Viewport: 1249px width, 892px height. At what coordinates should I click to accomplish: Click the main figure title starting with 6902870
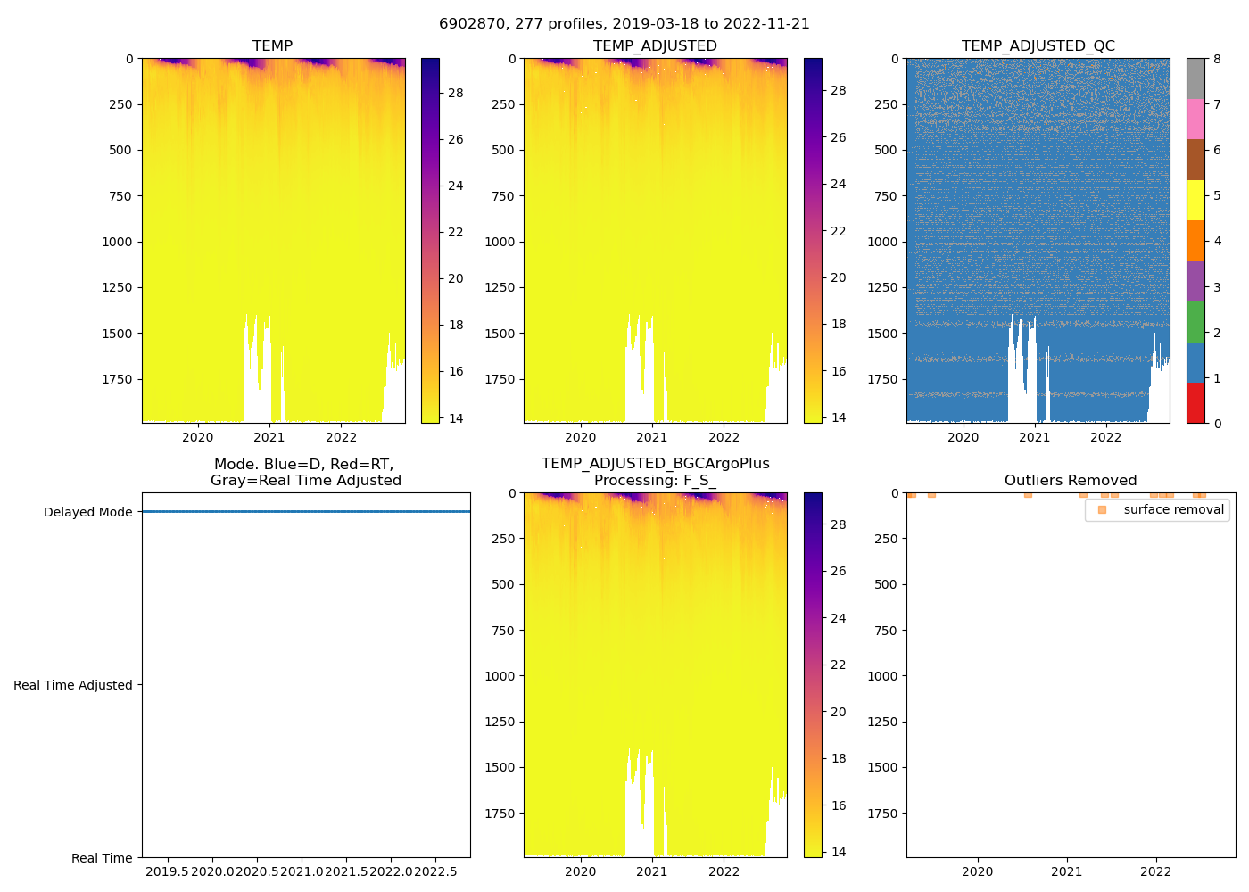coord(624,24)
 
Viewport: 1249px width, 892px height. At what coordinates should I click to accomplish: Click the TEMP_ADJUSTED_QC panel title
coord(1038,45)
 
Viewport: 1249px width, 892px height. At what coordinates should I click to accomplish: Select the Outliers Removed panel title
coord(1070,480)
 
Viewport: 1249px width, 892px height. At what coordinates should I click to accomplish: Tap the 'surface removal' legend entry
coord(1173,509)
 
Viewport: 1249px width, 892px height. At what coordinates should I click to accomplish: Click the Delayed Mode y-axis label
coord(87,512)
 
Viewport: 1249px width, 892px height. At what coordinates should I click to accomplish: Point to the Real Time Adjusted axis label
coord(72,685)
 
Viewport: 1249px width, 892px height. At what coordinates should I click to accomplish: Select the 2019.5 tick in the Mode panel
coord(167,871)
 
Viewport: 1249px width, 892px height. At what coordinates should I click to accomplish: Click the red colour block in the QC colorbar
coord(1195,403)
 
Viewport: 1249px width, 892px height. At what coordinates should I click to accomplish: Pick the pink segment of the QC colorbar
coord(1195,119)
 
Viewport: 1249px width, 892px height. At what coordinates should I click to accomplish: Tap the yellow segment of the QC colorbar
coord(1195,200)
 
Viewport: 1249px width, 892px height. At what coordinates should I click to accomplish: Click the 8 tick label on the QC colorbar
coord(1217,59)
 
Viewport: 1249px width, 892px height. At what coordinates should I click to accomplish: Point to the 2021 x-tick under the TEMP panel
coord(269,437)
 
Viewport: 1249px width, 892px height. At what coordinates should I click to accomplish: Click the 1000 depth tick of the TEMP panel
coord(117,242)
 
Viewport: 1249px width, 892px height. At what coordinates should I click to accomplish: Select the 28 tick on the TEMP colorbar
coord(455,93)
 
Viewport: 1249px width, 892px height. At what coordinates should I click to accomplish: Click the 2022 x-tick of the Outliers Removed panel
coord(1156,871)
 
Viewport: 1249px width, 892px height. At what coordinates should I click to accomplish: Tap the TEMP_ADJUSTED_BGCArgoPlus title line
coord(655,463)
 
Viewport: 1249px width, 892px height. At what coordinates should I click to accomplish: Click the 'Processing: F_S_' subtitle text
coord(655,480)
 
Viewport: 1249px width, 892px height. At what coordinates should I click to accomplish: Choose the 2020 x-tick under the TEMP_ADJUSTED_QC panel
coord(963,437)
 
